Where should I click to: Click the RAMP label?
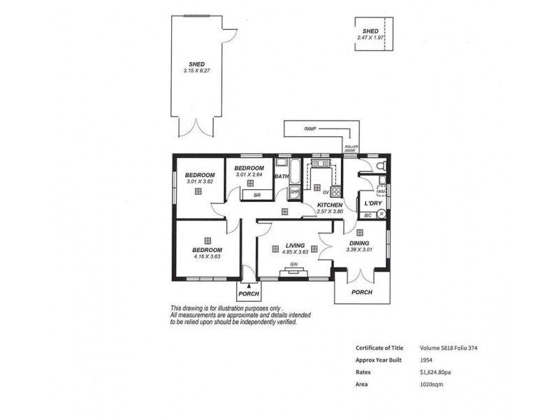(310, 129)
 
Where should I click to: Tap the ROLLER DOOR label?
(351, 148)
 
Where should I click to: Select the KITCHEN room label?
(329, 205)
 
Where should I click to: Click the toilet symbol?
(379, 165)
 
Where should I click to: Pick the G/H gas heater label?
(295, 265)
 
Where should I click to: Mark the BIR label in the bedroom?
(257, 195)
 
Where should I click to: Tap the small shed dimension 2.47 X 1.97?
(371, 37)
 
